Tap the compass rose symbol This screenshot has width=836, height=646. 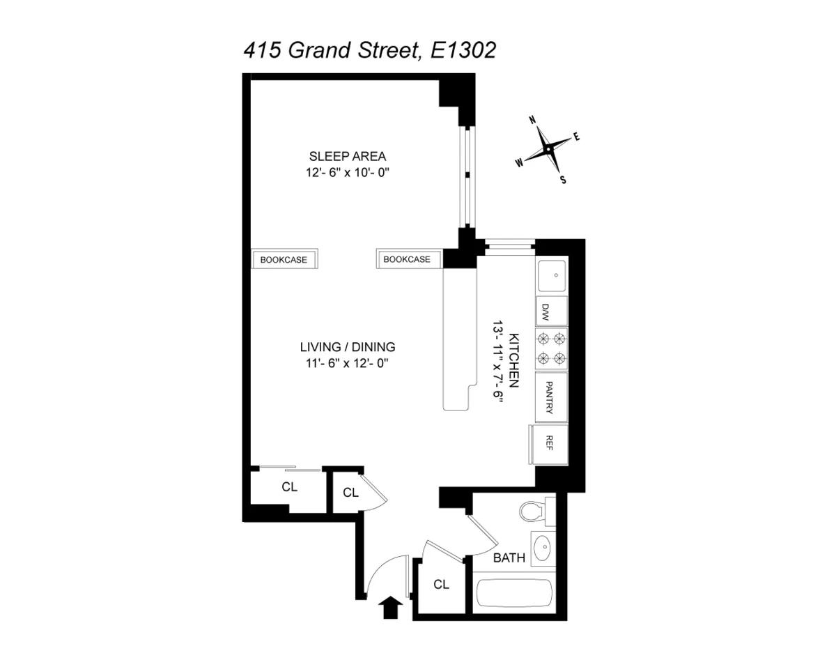pos(548,149)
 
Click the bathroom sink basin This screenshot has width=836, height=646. pos(543,549)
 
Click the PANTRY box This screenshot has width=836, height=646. pos(550,397)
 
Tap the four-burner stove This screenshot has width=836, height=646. pos(550,349)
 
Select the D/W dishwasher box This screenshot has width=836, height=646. pos(550,311)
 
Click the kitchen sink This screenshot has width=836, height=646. pos(552,275)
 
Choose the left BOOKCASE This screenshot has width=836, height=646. pos(284,259)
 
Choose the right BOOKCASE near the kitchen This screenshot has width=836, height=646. pos(407,259)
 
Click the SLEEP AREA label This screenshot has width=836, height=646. pos(348,156)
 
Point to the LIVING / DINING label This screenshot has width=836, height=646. pos(348,346)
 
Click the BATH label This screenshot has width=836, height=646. pos(509,558)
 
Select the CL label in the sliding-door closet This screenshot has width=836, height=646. pos(290,487)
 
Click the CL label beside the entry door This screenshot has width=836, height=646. pos(440,584)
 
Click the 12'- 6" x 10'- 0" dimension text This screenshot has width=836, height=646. pos(348,173)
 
